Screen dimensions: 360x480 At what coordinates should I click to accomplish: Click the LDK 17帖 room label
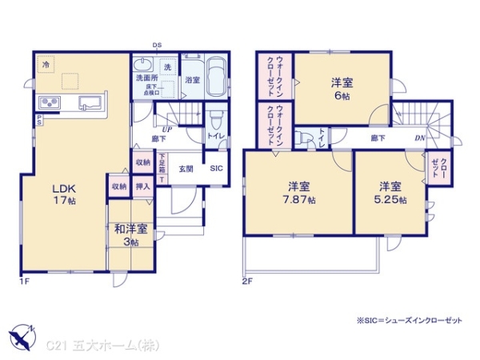click(63, 195)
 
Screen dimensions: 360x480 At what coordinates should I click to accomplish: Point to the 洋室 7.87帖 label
click(300, 192)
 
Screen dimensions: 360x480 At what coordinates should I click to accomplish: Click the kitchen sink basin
click(90, 102)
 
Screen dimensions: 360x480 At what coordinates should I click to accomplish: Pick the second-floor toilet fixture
click(306, 138)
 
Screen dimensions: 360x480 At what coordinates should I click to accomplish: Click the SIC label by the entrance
click(217, 169)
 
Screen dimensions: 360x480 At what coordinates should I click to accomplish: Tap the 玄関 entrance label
click(186, 168)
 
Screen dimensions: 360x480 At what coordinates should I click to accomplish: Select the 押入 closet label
click(143, 186)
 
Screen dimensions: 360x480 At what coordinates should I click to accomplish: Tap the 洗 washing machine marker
click(168, 67)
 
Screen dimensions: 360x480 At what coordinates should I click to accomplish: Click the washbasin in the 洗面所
click(142, 65)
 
